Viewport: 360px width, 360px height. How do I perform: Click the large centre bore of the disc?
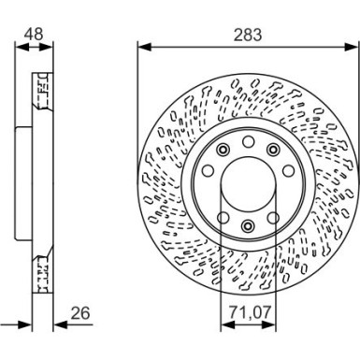pos(247,183)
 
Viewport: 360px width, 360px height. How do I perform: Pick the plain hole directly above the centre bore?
pos(247,142)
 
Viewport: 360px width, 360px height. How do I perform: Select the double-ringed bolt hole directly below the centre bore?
pos(247,225)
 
